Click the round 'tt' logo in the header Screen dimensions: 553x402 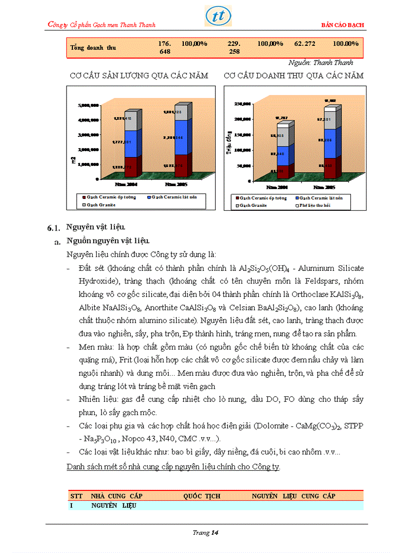(218, 16)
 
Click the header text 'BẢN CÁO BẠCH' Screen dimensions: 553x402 (342, 25)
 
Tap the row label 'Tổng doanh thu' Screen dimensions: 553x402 (93, 48)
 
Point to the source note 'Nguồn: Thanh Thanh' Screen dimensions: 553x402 (320, 63)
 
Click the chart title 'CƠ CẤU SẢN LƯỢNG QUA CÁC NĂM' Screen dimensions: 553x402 (139, 76)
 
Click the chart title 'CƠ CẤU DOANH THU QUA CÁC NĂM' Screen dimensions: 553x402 (294, 76)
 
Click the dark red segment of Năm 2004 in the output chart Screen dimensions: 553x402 (131, 166)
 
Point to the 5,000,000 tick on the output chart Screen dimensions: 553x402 (89, 106)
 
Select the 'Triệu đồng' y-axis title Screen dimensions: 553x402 (229, 144)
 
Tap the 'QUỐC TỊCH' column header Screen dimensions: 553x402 (201, 496)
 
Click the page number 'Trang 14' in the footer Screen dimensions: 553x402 (205, 533)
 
